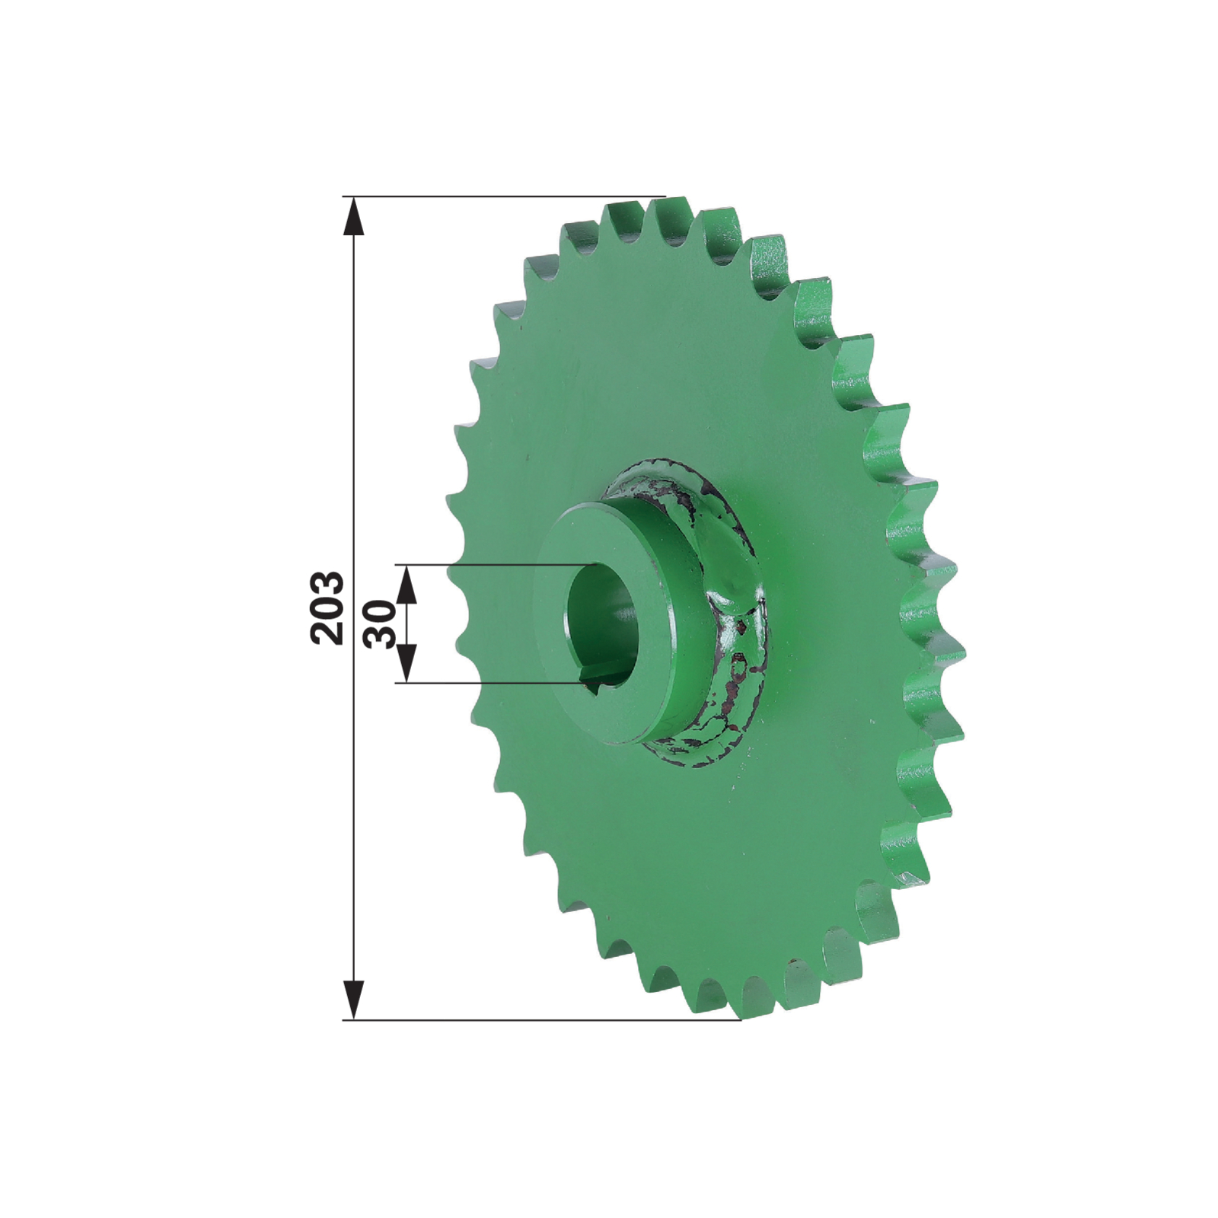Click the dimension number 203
(328, 607)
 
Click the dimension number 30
(381, 623)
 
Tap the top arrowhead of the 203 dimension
(353, 216)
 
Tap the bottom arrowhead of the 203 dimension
(353, 1000)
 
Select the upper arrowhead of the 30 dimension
(407, 585)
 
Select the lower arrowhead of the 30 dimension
(407, 663)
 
